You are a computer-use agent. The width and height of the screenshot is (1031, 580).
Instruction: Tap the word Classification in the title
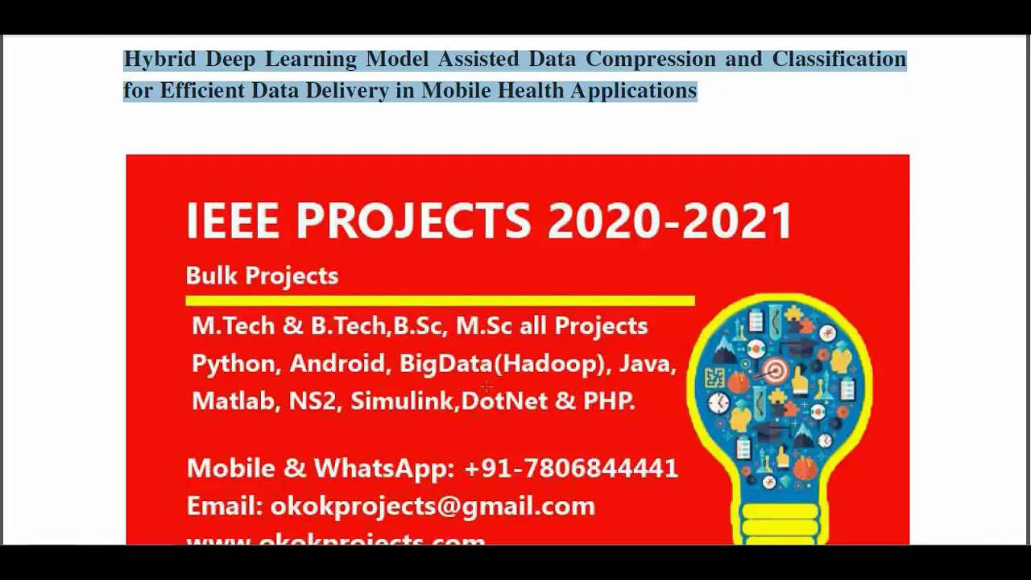[838, 60]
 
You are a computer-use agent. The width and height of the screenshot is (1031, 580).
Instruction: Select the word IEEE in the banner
[233, 221]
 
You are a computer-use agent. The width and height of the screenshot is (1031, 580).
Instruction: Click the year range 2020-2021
[670, 221]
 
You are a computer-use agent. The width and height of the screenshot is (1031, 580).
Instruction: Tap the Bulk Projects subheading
[262, 275]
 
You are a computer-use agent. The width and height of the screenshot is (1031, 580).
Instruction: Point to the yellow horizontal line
[440, 300]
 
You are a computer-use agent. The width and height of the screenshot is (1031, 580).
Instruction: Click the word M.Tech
[233, 325]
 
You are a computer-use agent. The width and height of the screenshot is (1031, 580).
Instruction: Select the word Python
[234, 364]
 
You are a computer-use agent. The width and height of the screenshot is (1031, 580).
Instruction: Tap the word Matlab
[234, 401]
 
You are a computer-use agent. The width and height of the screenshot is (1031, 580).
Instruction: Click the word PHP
[608, 401]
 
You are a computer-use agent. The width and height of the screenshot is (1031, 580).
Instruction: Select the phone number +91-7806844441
[571, 468]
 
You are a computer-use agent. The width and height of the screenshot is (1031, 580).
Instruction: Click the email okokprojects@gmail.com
[433, 506]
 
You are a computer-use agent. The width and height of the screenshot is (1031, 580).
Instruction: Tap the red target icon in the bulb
[776, 371]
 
